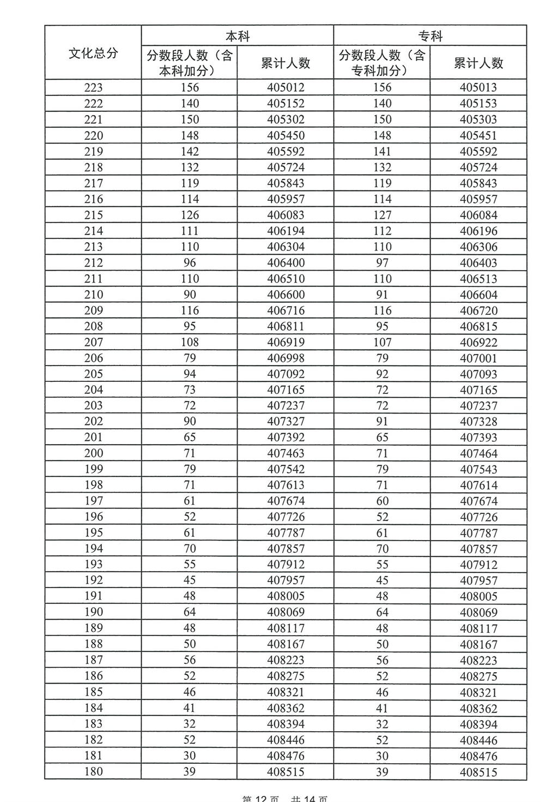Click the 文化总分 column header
click(93, 53)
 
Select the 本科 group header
click(238, 36)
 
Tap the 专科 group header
click(430, 36)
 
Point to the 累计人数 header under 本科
click(286, 63)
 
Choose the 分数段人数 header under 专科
click(381, 63)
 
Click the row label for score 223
click(93, 87)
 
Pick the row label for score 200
click(93, 453)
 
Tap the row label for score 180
click(93, 771)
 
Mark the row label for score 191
click(93, 596)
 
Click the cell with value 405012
click(286, 87)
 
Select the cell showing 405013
click(479, 87)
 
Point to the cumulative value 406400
click(286, 262)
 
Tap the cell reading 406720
click(479, 310)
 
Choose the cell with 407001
click(479, 358)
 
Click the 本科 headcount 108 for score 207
click(190, 342)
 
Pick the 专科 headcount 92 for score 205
click(382, 374)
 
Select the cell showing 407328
click(479, 421)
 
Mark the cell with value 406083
click(286, 215)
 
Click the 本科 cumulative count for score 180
click(286, 771)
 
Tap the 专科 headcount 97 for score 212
click(382, 262)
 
